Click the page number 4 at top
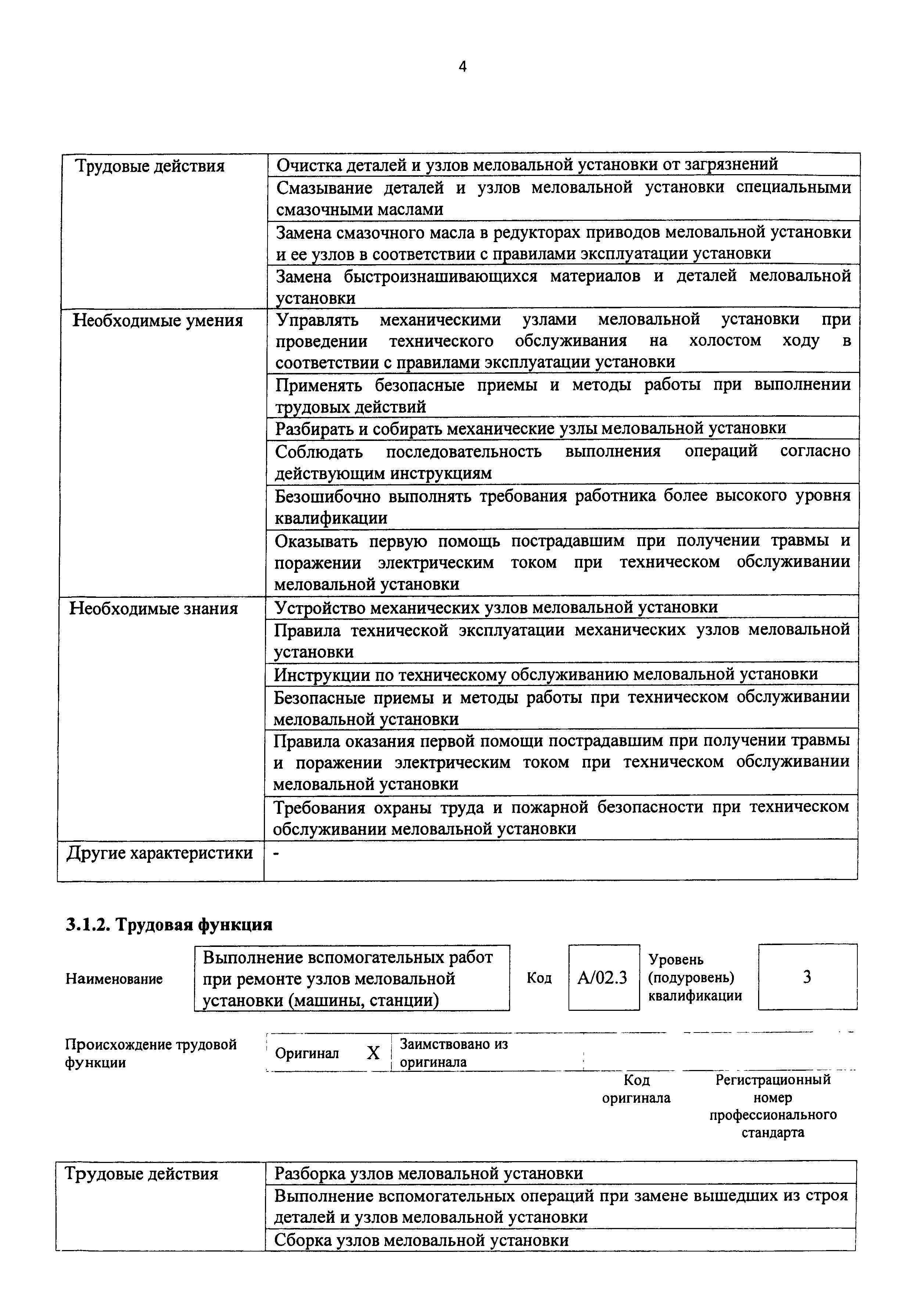(462, 67)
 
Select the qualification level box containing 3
(807, 977)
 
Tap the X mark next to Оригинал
(373, 1053)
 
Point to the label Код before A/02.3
(539, 978)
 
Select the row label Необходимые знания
(153, 608)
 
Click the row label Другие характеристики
(160, 853)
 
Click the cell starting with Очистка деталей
(527, 165)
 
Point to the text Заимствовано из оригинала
(453, 1053)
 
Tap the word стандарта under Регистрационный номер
(772, 1132)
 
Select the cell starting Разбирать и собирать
(530, 428)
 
